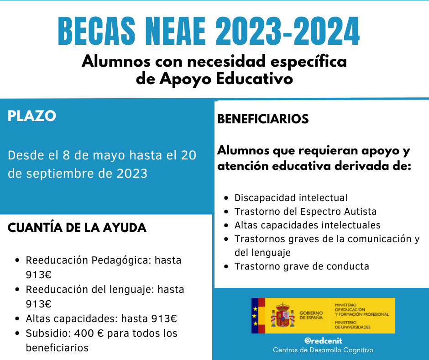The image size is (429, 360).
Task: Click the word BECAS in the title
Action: click(97, 31)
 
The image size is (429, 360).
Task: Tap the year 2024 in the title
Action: click(326, 31)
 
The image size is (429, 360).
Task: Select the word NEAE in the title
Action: click(176, 31)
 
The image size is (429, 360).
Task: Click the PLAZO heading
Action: click(32, 116)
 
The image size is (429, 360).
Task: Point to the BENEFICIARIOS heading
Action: click(263, 119)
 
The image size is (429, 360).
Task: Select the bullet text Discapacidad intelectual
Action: click(291, 198)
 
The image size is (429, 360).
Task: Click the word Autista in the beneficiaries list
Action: click(361, 212)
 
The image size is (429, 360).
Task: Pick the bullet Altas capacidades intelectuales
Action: click(308, 225)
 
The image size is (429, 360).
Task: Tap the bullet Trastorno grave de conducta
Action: click(302, 266)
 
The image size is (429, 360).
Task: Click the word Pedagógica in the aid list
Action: click(120, 260)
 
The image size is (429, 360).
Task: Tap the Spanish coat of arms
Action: click(283, 315)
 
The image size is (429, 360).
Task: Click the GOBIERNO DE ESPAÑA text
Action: click(311, 315)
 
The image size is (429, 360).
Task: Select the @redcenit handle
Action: click(323, 341)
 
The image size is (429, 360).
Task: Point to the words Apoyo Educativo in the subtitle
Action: click(226, 79)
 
